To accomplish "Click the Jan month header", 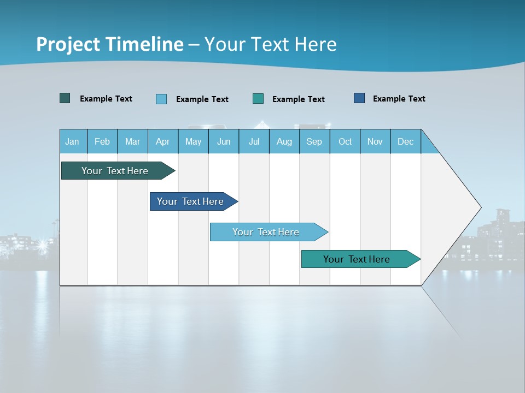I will pyautogui.click(x=72, y=141).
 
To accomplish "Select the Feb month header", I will pyautogui.click(x=102, y=141).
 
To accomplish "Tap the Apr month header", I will pyautogui.click(x=162, y=141).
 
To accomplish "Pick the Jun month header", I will pyautogui.click(x=224, y=141).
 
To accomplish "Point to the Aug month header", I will pyautogui.click(x=284, y=141).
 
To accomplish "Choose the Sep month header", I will pyautogui.click(x=314, y=141).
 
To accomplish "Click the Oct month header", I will pyautogui.click(x=345, y=141).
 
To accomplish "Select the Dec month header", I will pyautogui.click(x=405, y=141).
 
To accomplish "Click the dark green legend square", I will pyautogui.click(x=65, y=98).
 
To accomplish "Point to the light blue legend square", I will pyautogui.click(x=161, y=99).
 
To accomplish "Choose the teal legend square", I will pyautogui.click(x=258, y=98).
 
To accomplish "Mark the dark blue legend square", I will pyautogui.click(x=359, y=98).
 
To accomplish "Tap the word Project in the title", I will pyautogui.click(x=68, y=44).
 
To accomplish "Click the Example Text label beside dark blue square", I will pyautogui.click(x=399, y=99).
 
